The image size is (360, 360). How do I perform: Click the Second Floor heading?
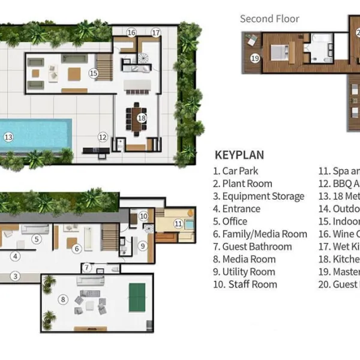coord(269,19)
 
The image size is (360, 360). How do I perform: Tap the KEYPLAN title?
coord(239,155)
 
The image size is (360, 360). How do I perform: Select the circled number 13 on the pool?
coord(8,137)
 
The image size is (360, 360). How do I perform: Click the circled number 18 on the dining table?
coord(142,118)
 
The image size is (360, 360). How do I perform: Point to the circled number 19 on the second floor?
coord(255,58)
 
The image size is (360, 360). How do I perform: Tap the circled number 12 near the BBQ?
coord(103,137)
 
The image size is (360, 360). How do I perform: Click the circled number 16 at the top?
coord(131,32)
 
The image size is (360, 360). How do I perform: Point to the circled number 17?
coord(156,32)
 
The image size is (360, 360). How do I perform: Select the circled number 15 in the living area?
coord(93,73)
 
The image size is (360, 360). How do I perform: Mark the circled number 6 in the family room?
coord(77,248)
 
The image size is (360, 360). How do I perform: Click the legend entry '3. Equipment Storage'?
coord(258,196)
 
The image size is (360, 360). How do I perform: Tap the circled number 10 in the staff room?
coord(143,216)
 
